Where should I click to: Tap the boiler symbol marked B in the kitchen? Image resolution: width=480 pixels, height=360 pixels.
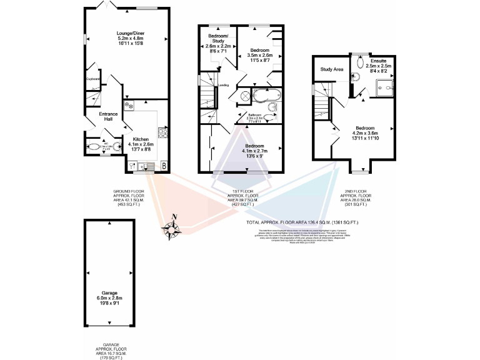164,166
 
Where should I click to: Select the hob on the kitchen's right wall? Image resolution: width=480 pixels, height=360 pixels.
162,132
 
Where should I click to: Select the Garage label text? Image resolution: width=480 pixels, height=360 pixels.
110,292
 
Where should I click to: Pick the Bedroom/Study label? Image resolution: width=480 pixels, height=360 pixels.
219,39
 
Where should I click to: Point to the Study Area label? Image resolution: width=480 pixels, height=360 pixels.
332,69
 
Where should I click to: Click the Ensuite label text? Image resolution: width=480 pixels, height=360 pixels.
378,61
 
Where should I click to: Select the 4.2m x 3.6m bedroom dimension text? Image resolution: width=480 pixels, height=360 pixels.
365,132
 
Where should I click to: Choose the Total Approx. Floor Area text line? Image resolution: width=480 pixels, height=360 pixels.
302,222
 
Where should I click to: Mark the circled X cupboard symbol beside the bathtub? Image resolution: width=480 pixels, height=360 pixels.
244,96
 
